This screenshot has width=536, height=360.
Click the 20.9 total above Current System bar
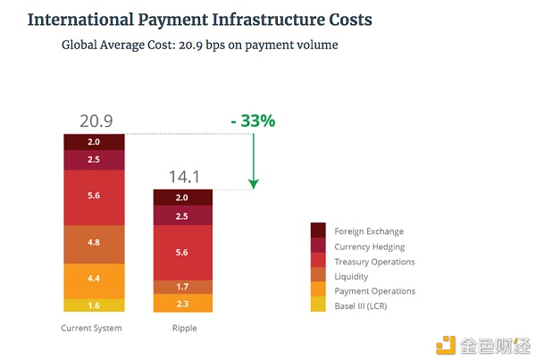(94, 121)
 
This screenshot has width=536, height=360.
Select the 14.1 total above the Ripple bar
(183, 177)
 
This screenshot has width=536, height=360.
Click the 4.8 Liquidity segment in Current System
(94, 242)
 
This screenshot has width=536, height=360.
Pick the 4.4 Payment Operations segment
(94, 280)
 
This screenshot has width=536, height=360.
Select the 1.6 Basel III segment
(94, 305)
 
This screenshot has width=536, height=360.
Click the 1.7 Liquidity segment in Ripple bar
(183, 287)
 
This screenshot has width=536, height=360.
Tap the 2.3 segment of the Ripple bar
(183, 304)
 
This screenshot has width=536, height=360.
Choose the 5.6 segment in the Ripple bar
(183, 253)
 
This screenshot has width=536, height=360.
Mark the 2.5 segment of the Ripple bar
(183, 216)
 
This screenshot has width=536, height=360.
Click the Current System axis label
(91, 328)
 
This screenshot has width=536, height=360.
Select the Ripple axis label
(184, 328)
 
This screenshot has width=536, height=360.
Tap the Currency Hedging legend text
(370, 247)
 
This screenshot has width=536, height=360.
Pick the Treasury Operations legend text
(375, 262)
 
